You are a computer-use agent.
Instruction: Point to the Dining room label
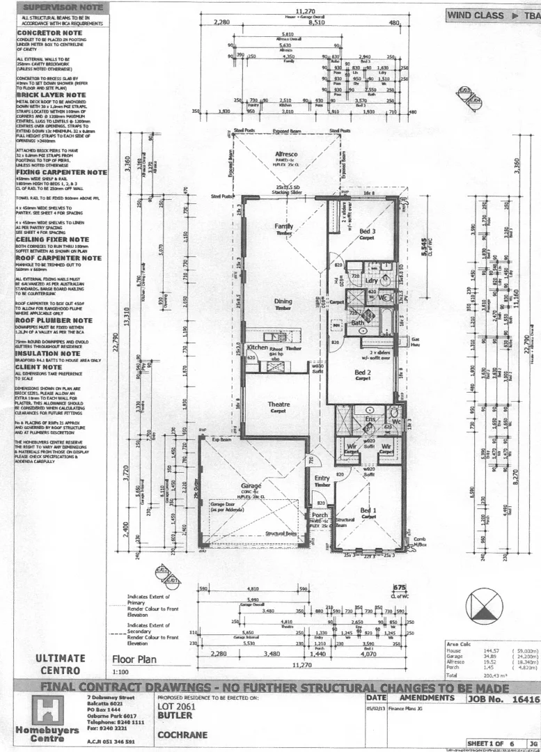coord(283,301)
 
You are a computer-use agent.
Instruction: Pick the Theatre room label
coord(279,404)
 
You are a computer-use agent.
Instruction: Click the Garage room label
coord(251,485)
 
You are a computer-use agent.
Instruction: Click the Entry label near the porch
coord(322,478)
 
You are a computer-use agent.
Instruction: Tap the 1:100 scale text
coord(121,673)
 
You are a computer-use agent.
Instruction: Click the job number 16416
coord(525,698)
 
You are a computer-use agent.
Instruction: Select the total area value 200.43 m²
coord(493,675)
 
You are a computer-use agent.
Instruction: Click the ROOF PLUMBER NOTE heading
coord(54,320)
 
